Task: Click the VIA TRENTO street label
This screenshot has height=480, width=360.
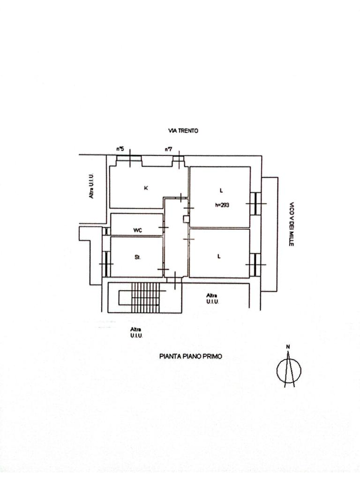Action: coord(183,131)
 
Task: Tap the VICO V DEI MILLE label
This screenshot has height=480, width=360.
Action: coord(291,225)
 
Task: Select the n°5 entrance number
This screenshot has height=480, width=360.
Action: coord(120,149)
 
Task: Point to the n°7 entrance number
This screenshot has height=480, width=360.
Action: coord(168,149)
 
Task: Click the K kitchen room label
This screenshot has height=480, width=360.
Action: coord(146,188)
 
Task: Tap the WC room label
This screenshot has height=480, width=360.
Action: coord(138,230)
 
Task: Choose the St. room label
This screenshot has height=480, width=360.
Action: coord(138,257)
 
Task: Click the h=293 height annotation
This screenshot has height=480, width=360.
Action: coord(222,204)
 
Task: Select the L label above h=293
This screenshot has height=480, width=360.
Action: coord(221,190)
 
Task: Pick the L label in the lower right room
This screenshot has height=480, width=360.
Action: coord(219,256)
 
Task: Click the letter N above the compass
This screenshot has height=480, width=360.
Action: coord(288,347)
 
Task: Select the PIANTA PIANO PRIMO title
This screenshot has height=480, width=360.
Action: coord(191,356)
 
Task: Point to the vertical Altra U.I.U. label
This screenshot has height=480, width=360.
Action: coord(92,185)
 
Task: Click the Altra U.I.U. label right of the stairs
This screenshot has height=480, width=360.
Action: coord(212,298)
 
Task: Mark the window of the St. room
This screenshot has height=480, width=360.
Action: coord(107,264)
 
